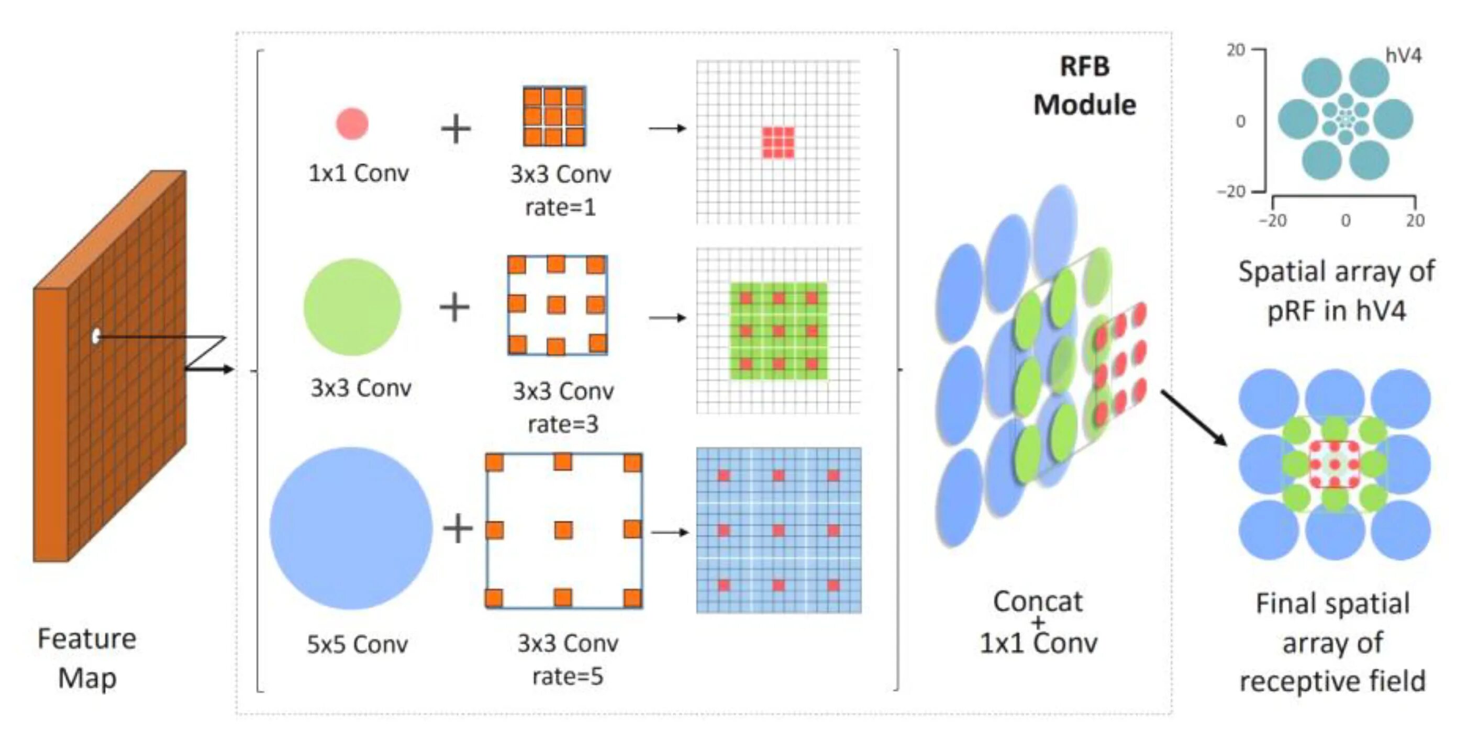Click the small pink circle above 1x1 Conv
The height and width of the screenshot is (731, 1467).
(352, 123)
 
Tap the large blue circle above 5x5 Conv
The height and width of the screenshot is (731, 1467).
(351, 528)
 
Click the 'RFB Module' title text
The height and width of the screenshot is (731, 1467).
(1084, 85)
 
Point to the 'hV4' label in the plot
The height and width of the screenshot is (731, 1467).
(1403, 56)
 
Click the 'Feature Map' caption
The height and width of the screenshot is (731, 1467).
(87, 658)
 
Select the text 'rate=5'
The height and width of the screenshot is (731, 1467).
(567, 677)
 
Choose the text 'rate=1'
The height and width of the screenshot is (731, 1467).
(560, 207)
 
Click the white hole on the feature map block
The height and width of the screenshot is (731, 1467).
(96, 336)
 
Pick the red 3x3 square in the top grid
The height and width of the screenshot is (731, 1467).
(778, 142)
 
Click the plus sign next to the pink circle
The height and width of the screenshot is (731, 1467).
(455, 129)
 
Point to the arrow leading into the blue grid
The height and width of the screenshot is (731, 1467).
(670, 532)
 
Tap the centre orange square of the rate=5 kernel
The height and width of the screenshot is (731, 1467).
(563, 530)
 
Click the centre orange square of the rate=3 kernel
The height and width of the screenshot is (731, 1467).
(557, 305)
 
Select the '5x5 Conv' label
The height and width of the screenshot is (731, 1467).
(357, 645)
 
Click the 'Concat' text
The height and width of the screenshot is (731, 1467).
(1038, 602)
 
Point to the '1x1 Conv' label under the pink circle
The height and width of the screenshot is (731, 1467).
(358, 173)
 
